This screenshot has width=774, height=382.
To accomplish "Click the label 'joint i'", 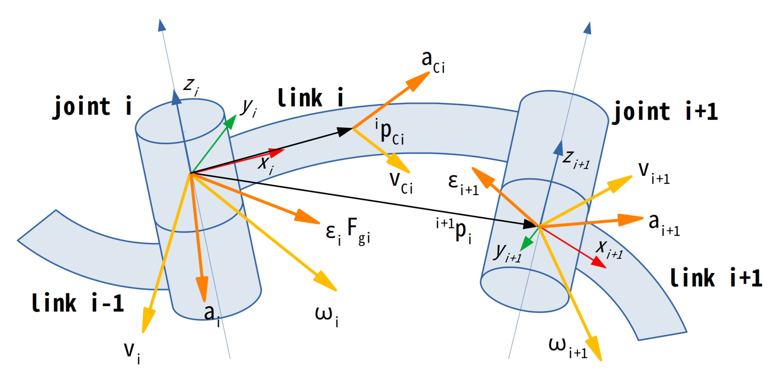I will point(92,107).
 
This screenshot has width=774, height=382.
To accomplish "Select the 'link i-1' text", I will point(78,303).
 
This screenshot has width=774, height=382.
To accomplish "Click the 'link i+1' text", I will point(716,278).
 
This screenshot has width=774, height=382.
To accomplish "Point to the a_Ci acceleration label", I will point(433,62).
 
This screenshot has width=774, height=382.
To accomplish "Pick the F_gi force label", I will point(358,231).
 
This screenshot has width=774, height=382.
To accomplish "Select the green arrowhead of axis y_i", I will point(231,121).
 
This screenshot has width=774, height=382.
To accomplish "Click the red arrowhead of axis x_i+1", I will point(599,263).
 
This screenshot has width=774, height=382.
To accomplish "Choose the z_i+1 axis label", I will point(576,159).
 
